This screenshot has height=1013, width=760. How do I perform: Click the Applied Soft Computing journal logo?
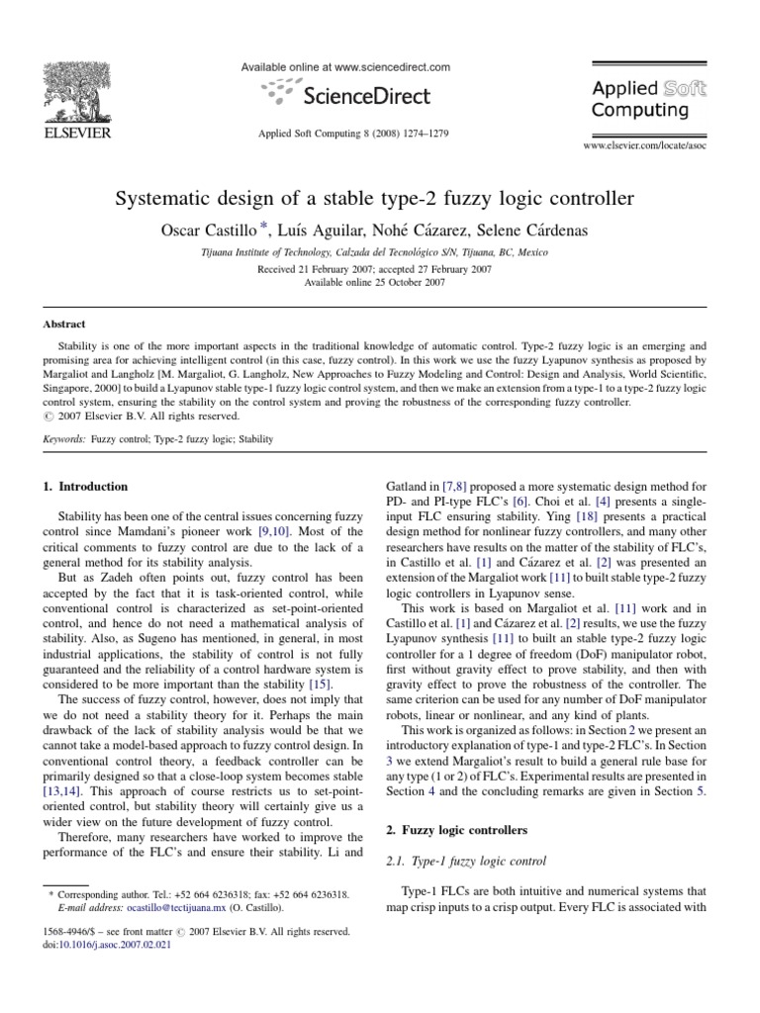point(648,99)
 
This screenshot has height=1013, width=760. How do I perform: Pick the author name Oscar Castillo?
point(212,230)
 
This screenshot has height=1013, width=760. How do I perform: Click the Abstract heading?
point(64,323)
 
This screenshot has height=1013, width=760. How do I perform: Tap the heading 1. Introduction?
point(85,487)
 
